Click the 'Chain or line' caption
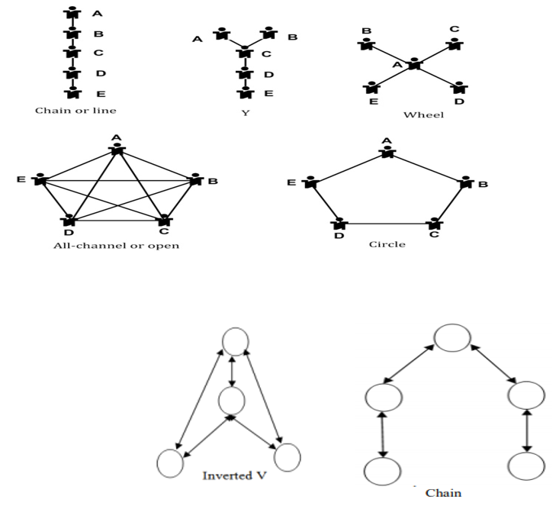pyautogui.click(x=76, y=110)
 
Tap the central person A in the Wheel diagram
pyautogui.click(x=413, y=65)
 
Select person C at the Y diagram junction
pyautogui.click(x=245, y=53)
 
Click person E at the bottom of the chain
pyautogui.click(x=72, y=92)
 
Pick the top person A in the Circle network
pyautogui.click(x=387, y=152)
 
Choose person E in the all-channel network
pyautogui.click(x=40, y=181)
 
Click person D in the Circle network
pyautogui.click(x=339, y=224)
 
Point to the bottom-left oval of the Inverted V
pyautogui.click(x=171, y=462)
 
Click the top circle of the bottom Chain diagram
pyautogui.click(x=452, y=336)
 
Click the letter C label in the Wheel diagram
pyautogui.click(x=454, y=30)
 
